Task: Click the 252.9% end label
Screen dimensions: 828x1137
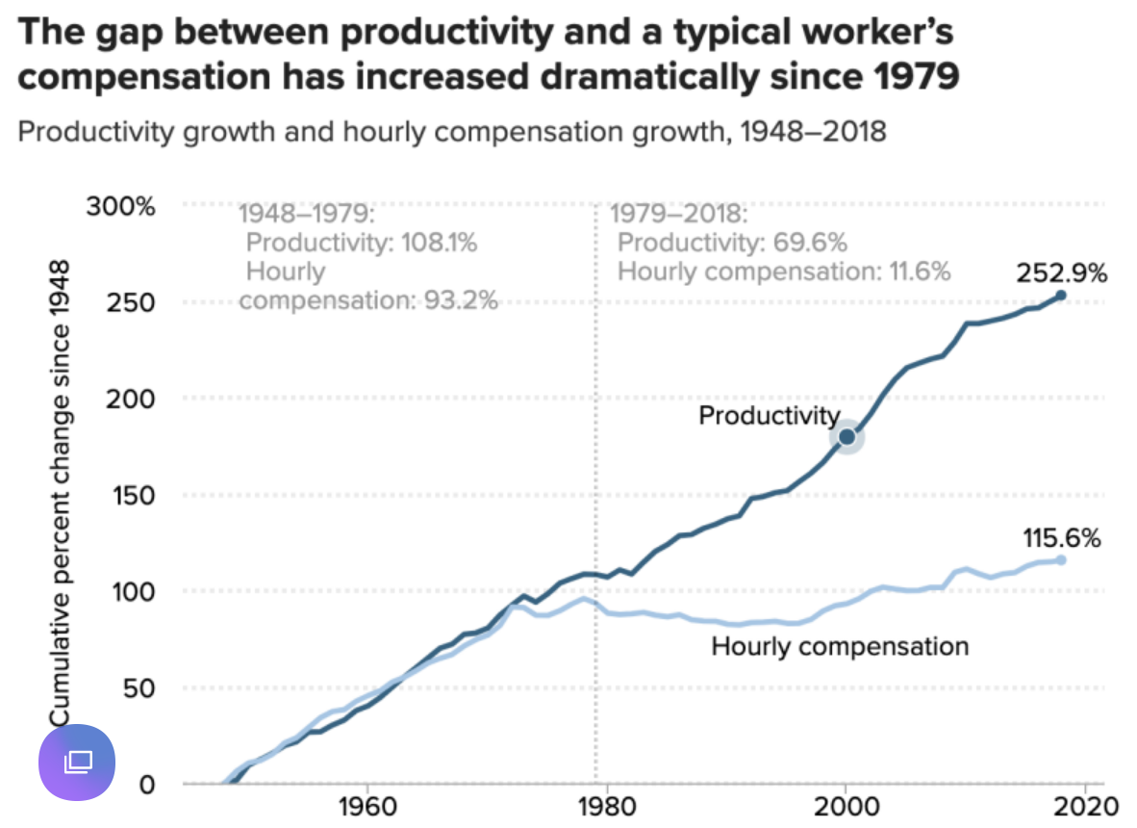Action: [x=1061, y=273]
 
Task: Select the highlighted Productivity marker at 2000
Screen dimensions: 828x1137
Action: [x=846, y=436]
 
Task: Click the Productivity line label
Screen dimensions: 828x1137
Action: [x=769, y=416]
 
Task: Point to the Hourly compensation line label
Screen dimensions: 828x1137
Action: [x=839, y=645]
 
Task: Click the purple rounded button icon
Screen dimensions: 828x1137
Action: [x=77, y=763]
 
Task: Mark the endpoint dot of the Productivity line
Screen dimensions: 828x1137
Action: [x=1061, y=296]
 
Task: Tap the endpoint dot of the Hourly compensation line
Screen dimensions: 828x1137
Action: [x=1061, y=559]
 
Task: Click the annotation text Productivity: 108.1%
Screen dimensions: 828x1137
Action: [x=361, y=243]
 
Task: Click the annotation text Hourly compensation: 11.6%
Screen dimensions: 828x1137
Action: [x=783, y=272]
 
